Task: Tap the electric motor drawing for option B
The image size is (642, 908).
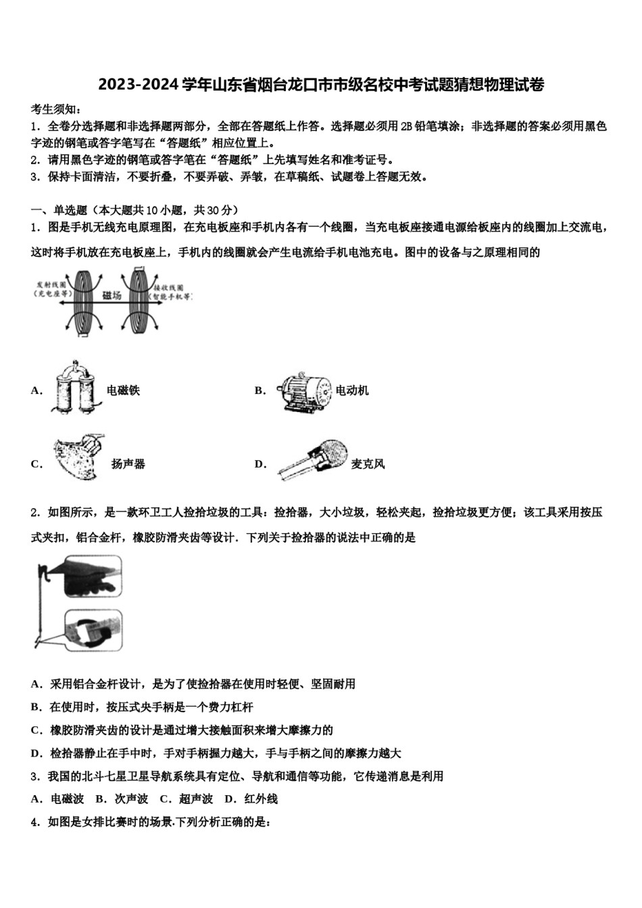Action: pos(303,390)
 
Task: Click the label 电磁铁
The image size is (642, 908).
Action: pos(123,390)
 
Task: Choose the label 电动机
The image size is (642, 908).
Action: pos(352,390)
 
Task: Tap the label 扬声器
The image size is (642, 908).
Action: pos(128,464)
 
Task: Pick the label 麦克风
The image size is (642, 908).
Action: pos(368,464)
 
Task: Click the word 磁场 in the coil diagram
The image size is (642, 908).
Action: pos(112,296)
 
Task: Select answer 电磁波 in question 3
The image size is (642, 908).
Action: pos(67,799)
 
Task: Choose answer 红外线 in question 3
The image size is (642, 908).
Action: pos(261,799)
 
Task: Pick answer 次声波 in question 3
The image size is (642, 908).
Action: pos(131,799)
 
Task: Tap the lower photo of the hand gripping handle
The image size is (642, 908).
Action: pos(93,630)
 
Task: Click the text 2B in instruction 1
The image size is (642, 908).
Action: pos(406,126)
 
